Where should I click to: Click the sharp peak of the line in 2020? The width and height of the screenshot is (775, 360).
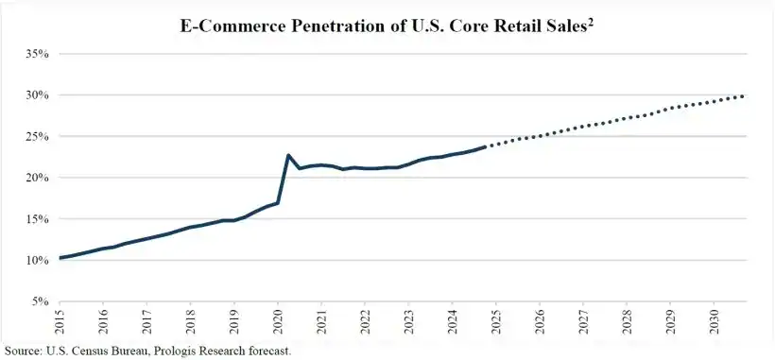(288, 155)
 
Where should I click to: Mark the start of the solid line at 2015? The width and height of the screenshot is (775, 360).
(60, 258)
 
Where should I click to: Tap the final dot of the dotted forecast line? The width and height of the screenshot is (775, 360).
(743, 95)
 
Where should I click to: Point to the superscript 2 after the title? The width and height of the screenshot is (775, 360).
(592, 21)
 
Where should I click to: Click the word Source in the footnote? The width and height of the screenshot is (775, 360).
(23, 351)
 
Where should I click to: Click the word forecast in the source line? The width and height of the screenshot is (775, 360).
(267, 351)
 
